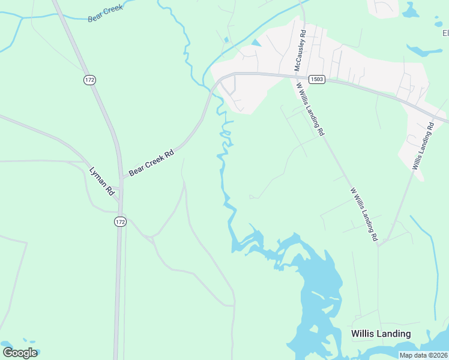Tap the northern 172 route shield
tap(90, 79)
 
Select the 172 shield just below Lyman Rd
tap(120, 221)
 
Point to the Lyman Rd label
tap(102, 181)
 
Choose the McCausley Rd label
tap(301, 52)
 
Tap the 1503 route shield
tap(317, 79)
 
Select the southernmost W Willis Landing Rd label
tap(364, 214)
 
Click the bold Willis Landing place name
tap(381, 334)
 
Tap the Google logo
tap(20, 353)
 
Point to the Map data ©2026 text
tap(424, 355)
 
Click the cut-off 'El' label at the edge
tap(445, 33)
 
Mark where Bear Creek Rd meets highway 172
tap(122, 177)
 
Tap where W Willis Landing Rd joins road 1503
tap(296, 76)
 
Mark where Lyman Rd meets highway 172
tap(119, 200)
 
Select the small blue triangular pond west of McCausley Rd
tap(256, 43)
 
